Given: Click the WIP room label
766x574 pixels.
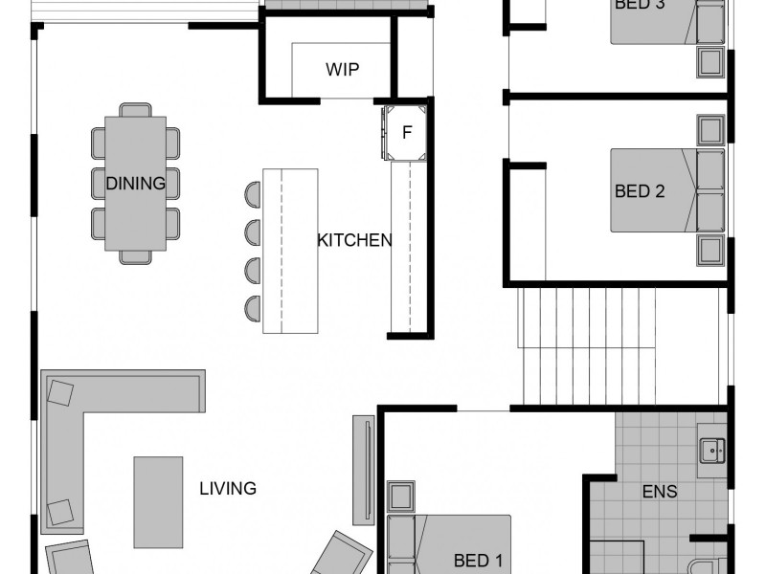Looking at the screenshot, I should click(343, 69).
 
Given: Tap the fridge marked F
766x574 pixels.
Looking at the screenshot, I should click(406, 133).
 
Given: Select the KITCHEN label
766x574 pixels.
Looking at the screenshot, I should click(354, 240).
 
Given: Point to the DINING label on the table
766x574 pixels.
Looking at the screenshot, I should click(135, 183).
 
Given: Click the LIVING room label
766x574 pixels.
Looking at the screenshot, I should click(228, 489).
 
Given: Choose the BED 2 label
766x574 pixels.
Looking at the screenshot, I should click(640, 191).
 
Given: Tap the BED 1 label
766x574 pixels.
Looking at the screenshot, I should click(478, 560).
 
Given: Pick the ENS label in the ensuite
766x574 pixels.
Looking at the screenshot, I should click(660, 493).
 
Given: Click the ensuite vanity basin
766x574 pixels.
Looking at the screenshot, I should click(711, 448).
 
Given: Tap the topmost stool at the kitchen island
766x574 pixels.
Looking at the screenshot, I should click(253, 193).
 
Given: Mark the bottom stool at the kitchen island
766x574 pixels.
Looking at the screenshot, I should click(253, 306).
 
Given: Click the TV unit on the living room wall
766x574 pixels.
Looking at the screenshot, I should click(364, 469).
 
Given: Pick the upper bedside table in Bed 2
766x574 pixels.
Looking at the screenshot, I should click(710, 129).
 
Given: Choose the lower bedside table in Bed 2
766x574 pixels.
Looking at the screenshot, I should click(710, 251).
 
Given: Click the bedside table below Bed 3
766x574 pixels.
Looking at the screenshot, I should click(710, 62).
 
